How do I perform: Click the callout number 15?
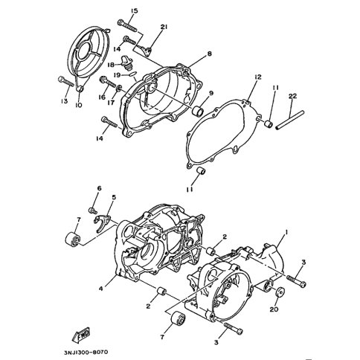[134, 10]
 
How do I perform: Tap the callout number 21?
[164, 27]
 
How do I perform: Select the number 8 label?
[210, 54]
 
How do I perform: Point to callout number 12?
[257, 77]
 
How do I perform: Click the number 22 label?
[293, 97]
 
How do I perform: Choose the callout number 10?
[79, 106]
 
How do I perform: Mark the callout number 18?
[110, 65]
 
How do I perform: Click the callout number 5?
[114, 198]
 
